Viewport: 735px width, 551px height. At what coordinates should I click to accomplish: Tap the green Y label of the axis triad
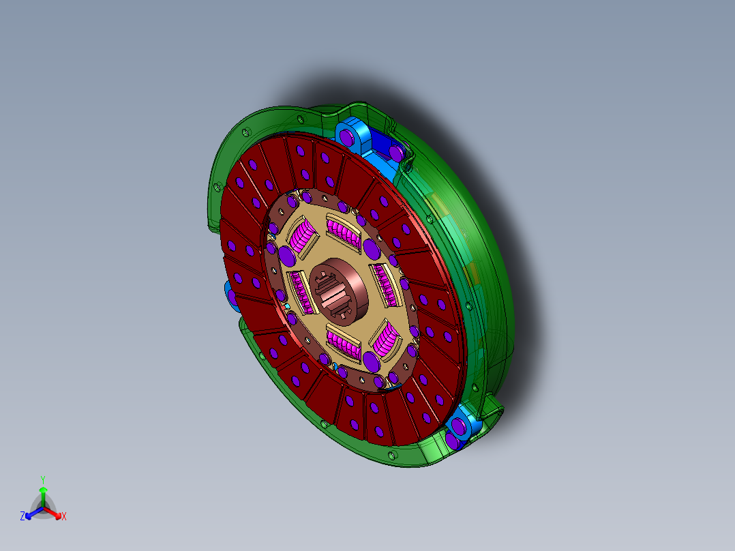[42, 479]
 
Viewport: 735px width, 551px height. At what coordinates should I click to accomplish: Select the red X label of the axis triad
[64, 517]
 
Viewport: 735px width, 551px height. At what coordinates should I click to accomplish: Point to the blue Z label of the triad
[22, 517]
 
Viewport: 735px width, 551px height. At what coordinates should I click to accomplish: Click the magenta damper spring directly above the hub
[344, 231]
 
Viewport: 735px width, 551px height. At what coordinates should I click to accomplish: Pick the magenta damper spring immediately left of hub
[301, 293]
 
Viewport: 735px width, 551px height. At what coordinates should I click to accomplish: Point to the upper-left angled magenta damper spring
[303, 239]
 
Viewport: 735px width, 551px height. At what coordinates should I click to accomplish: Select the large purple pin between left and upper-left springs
[287, 256]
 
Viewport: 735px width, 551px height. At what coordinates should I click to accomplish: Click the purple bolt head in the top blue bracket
[348, 137]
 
